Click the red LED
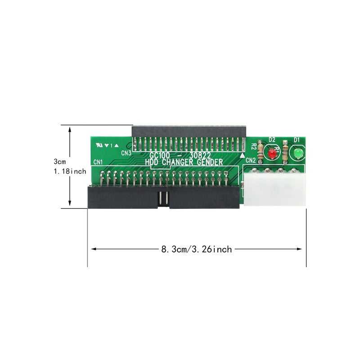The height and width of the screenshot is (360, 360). [x=272, y=154]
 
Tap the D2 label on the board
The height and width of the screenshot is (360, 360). [x=272, y=140]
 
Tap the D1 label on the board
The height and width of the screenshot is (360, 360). [x=297, y=140]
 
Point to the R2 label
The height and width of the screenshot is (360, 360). [x=254, y=146]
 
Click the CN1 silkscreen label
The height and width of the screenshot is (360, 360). [x=98, y=162]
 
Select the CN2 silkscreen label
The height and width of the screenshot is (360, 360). [x=251, y=160]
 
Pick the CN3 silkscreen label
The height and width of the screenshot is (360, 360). [x=126, y=153]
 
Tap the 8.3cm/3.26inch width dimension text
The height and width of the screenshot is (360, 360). [x=197, y=249]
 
